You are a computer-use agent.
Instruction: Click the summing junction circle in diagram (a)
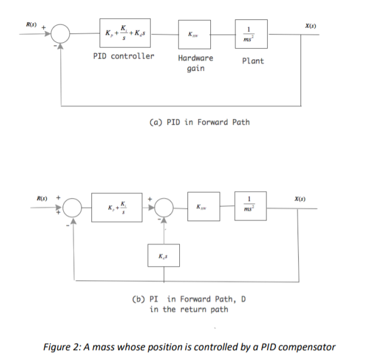(x=60, y=34)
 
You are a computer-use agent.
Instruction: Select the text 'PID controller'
(x=124, y=56)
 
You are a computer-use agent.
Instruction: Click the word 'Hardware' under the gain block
(x=195, y=58)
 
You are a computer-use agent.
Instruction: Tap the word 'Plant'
(x=252, y=61)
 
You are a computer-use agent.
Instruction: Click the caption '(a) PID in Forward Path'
(x=200, y=122)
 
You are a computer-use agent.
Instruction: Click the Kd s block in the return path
(x=163, y=256)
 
